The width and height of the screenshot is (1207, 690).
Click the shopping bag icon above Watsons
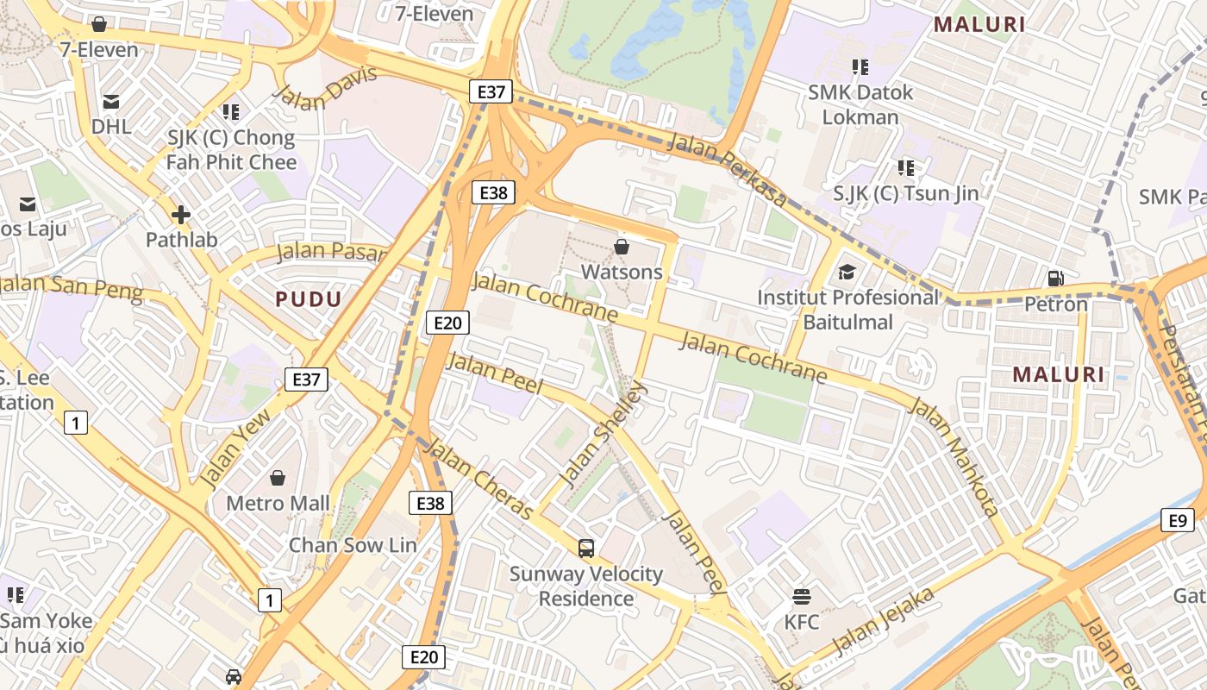click(x=621, y=248)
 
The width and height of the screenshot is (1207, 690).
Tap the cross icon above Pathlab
click(x=181, y=214)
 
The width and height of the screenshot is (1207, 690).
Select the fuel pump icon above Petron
click(x=1055, y=278)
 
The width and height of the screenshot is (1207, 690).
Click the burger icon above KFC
click(x=802, y=596)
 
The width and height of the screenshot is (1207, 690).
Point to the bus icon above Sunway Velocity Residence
click(x=586, y=548)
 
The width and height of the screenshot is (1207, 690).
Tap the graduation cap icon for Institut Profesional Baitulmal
click(x=847, y=273)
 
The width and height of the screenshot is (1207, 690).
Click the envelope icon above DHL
click(x=111, y=102)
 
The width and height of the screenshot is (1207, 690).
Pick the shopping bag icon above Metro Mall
click(x=278, y=477)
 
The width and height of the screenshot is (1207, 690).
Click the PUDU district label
click(x=309, y=299)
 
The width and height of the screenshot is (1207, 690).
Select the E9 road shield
click(x=1178, y=520)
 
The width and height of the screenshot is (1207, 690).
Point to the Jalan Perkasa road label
click(x=727, y=170)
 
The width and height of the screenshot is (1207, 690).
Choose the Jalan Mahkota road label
click(x=954, y=456)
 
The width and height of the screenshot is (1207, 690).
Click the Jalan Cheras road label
click(x=479, y=480)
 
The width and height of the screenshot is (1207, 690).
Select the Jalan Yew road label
click(x=234, y=447)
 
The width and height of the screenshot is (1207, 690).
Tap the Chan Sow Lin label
click(x=353, y=545)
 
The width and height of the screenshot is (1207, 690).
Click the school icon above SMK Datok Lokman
click(x=860, y=66)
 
